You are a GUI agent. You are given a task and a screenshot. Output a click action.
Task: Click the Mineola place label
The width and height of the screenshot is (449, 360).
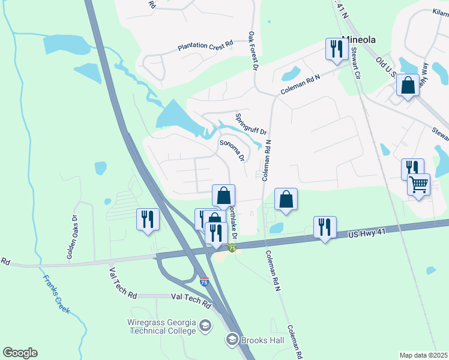358,40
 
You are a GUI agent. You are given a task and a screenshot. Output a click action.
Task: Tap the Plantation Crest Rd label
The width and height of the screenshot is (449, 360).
205,46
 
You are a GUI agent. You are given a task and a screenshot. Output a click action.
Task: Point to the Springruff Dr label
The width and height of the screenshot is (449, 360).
251,124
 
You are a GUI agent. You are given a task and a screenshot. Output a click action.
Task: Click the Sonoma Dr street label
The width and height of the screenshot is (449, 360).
232,150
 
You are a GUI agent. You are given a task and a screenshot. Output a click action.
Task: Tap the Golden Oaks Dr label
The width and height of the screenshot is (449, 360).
73,237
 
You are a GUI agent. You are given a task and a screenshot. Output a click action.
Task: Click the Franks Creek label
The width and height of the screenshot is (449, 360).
56,295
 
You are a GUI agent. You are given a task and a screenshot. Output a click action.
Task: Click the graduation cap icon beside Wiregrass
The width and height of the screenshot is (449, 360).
205,326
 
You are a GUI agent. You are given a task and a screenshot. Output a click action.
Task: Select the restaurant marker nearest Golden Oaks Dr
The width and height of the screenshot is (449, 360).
146,218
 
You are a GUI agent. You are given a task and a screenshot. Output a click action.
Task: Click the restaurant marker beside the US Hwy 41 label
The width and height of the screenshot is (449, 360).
325,227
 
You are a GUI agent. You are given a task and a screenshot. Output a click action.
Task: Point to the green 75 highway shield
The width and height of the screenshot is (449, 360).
231,248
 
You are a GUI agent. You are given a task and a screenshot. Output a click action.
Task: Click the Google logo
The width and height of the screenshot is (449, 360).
20,353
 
